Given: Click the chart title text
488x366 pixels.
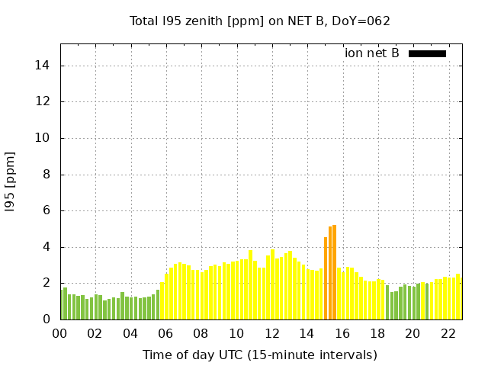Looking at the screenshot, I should point(259,21).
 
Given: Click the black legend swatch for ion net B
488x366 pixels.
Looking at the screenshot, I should point(427,53).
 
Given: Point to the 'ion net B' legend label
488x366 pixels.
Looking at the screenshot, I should point(372,53).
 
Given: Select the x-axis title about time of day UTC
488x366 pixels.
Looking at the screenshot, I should point(259,355).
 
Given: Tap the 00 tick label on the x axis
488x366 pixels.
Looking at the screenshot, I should point(59,334).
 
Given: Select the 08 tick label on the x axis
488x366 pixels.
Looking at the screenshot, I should point(201,334).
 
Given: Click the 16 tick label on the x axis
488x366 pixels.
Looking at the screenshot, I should point(342,334).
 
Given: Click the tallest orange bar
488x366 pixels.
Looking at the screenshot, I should point(334,272).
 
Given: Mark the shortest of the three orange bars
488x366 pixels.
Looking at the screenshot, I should point(326,278).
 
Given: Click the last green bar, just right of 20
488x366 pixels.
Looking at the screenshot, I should point(427,302).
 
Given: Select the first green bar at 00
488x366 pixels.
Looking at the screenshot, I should point(61,305).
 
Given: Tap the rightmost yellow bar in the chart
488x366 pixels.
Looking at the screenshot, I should point(458,297).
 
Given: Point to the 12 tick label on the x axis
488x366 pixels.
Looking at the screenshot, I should point(271,334).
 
